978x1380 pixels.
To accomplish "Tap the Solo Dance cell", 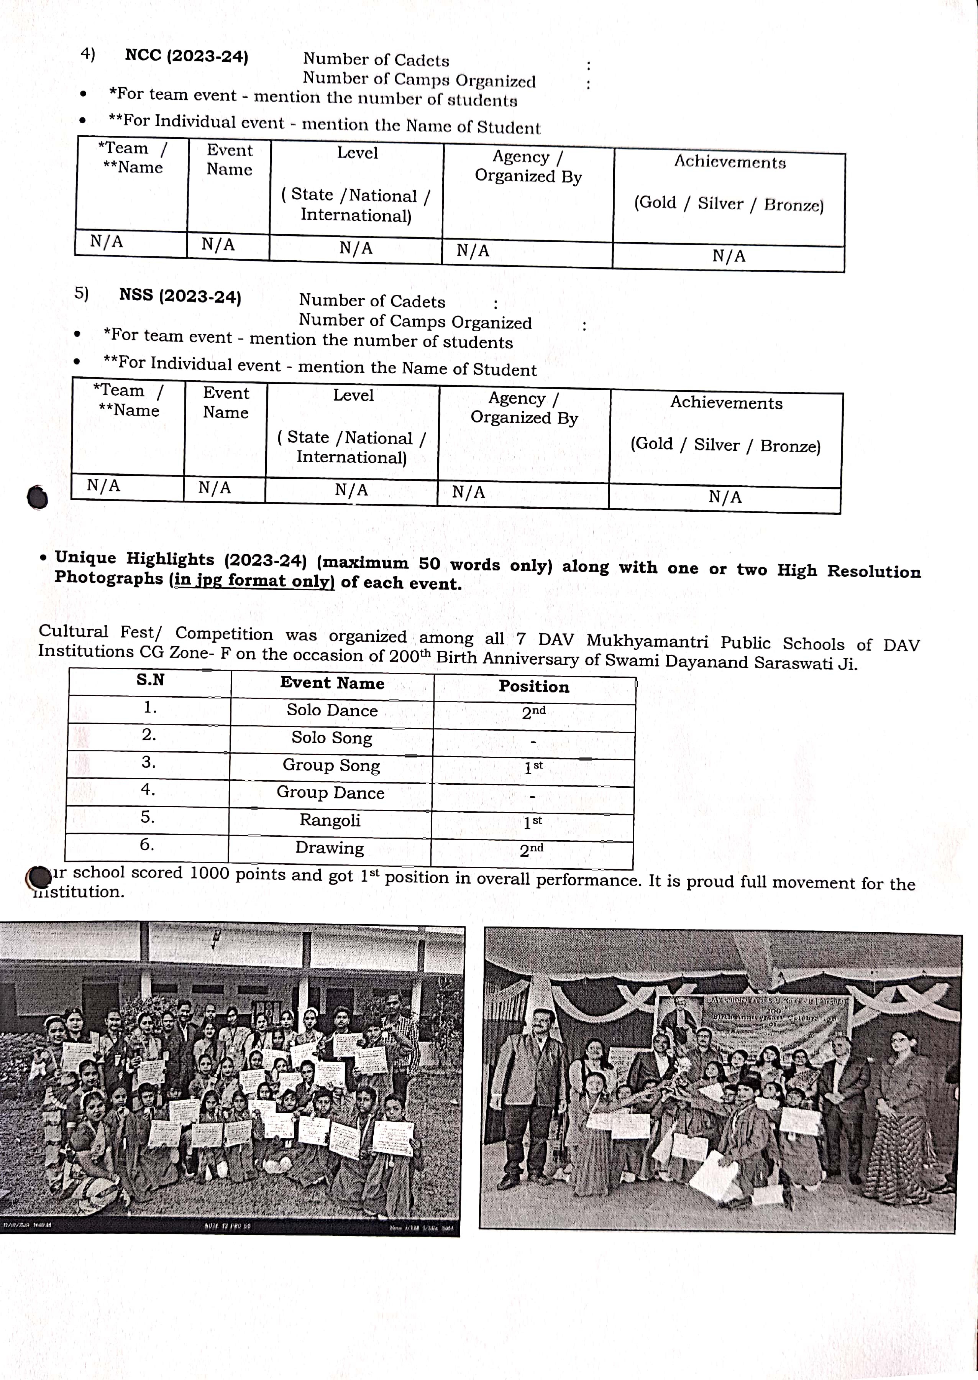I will [332, 710].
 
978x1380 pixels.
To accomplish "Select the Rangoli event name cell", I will [330, 820].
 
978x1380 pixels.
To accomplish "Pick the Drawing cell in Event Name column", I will [330, 848].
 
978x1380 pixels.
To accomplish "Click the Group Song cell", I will [331, 765].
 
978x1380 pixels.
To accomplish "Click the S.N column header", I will [150, 680].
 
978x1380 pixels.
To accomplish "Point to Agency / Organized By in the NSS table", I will [524, 408].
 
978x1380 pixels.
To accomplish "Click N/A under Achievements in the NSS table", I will [725, 497].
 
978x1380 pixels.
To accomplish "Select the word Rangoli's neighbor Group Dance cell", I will [330, 793].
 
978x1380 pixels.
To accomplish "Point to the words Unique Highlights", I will [134, 559].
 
